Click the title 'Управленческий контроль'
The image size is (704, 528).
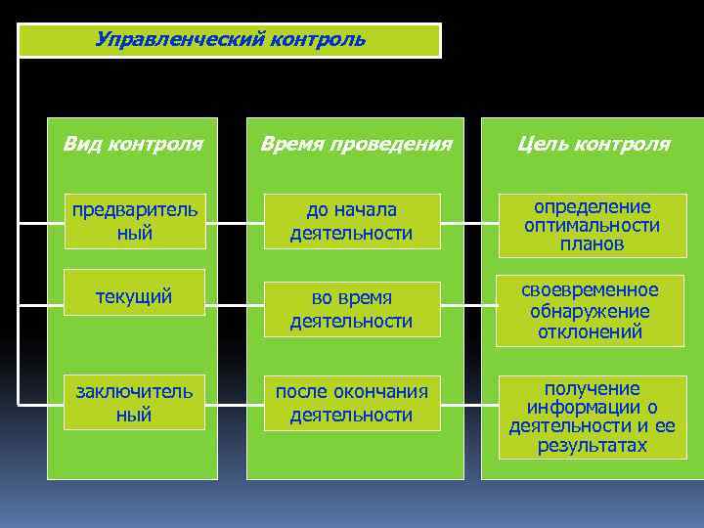[x=231, y=40]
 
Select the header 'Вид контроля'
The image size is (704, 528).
[x=133, y=145]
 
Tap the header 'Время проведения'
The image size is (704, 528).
[x=355, y=145]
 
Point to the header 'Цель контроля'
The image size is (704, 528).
[x=594, y=145]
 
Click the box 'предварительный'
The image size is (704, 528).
[x=133, y=221]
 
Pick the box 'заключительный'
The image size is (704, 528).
[x=133, y=403]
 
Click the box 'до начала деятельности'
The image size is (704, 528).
[x=351, y=221]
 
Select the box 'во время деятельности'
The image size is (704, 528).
[x=351, y=308]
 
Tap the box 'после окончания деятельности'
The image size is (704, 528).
[x=351, y=403]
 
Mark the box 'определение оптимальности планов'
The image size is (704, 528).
[x=592, y=226]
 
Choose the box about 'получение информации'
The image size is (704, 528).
[x=592, y=417]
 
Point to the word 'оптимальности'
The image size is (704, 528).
[x=592, y=226]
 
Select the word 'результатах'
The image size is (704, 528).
[x=592, y=446]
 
